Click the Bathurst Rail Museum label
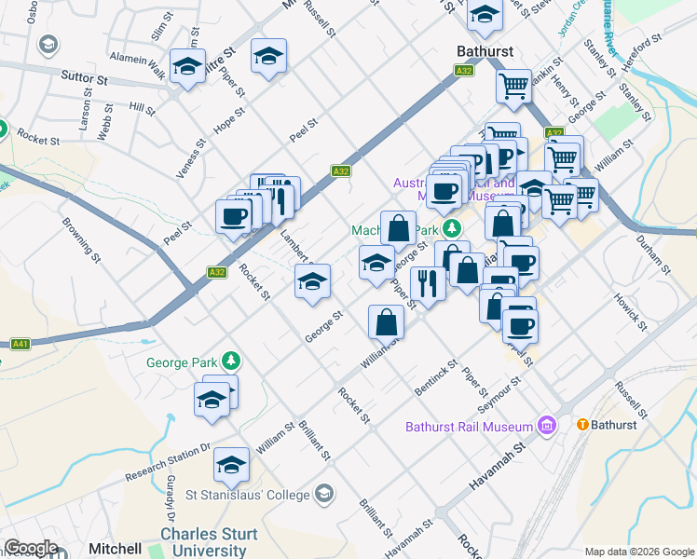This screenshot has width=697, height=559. (469, 428)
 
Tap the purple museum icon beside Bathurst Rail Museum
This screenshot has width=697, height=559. (546, 427)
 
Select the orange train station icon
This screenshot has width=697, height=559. (583, 425)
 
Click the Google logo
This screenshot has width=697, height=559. (31, 548)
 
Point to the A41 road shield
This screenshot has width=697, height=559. (20, 344)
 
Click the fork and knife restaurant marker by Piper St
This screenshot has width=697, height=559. (428, 283)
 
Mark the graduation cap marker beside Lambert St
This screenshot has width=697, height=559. (312, 280)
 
